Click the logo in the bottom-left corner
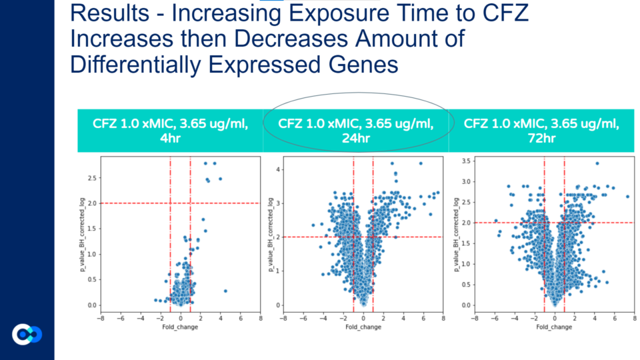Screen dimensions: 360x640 click(x=27, y=334)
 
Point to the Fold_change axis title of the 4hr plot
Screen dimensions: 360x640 click(x=179, y=327)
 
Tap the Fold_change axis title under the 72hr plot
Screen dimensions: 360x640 click(x=554, y=327)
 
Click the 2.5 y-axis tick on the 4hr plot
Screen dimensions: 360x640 click(x=92, y=177)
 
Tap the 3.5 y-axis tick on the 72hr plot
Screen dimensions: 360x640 click(x=467, y=161)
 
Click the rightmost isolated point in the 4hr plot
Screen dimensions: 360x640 click(x=225, y=291)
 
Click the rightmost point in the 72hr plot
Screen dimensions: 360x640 click(x=627, y=196)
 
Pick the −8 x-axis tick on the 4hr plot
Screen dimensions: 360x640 click(x=100, y=318)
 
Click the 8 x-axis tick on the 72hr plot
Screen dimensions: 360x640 click(x=634, y=318)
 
